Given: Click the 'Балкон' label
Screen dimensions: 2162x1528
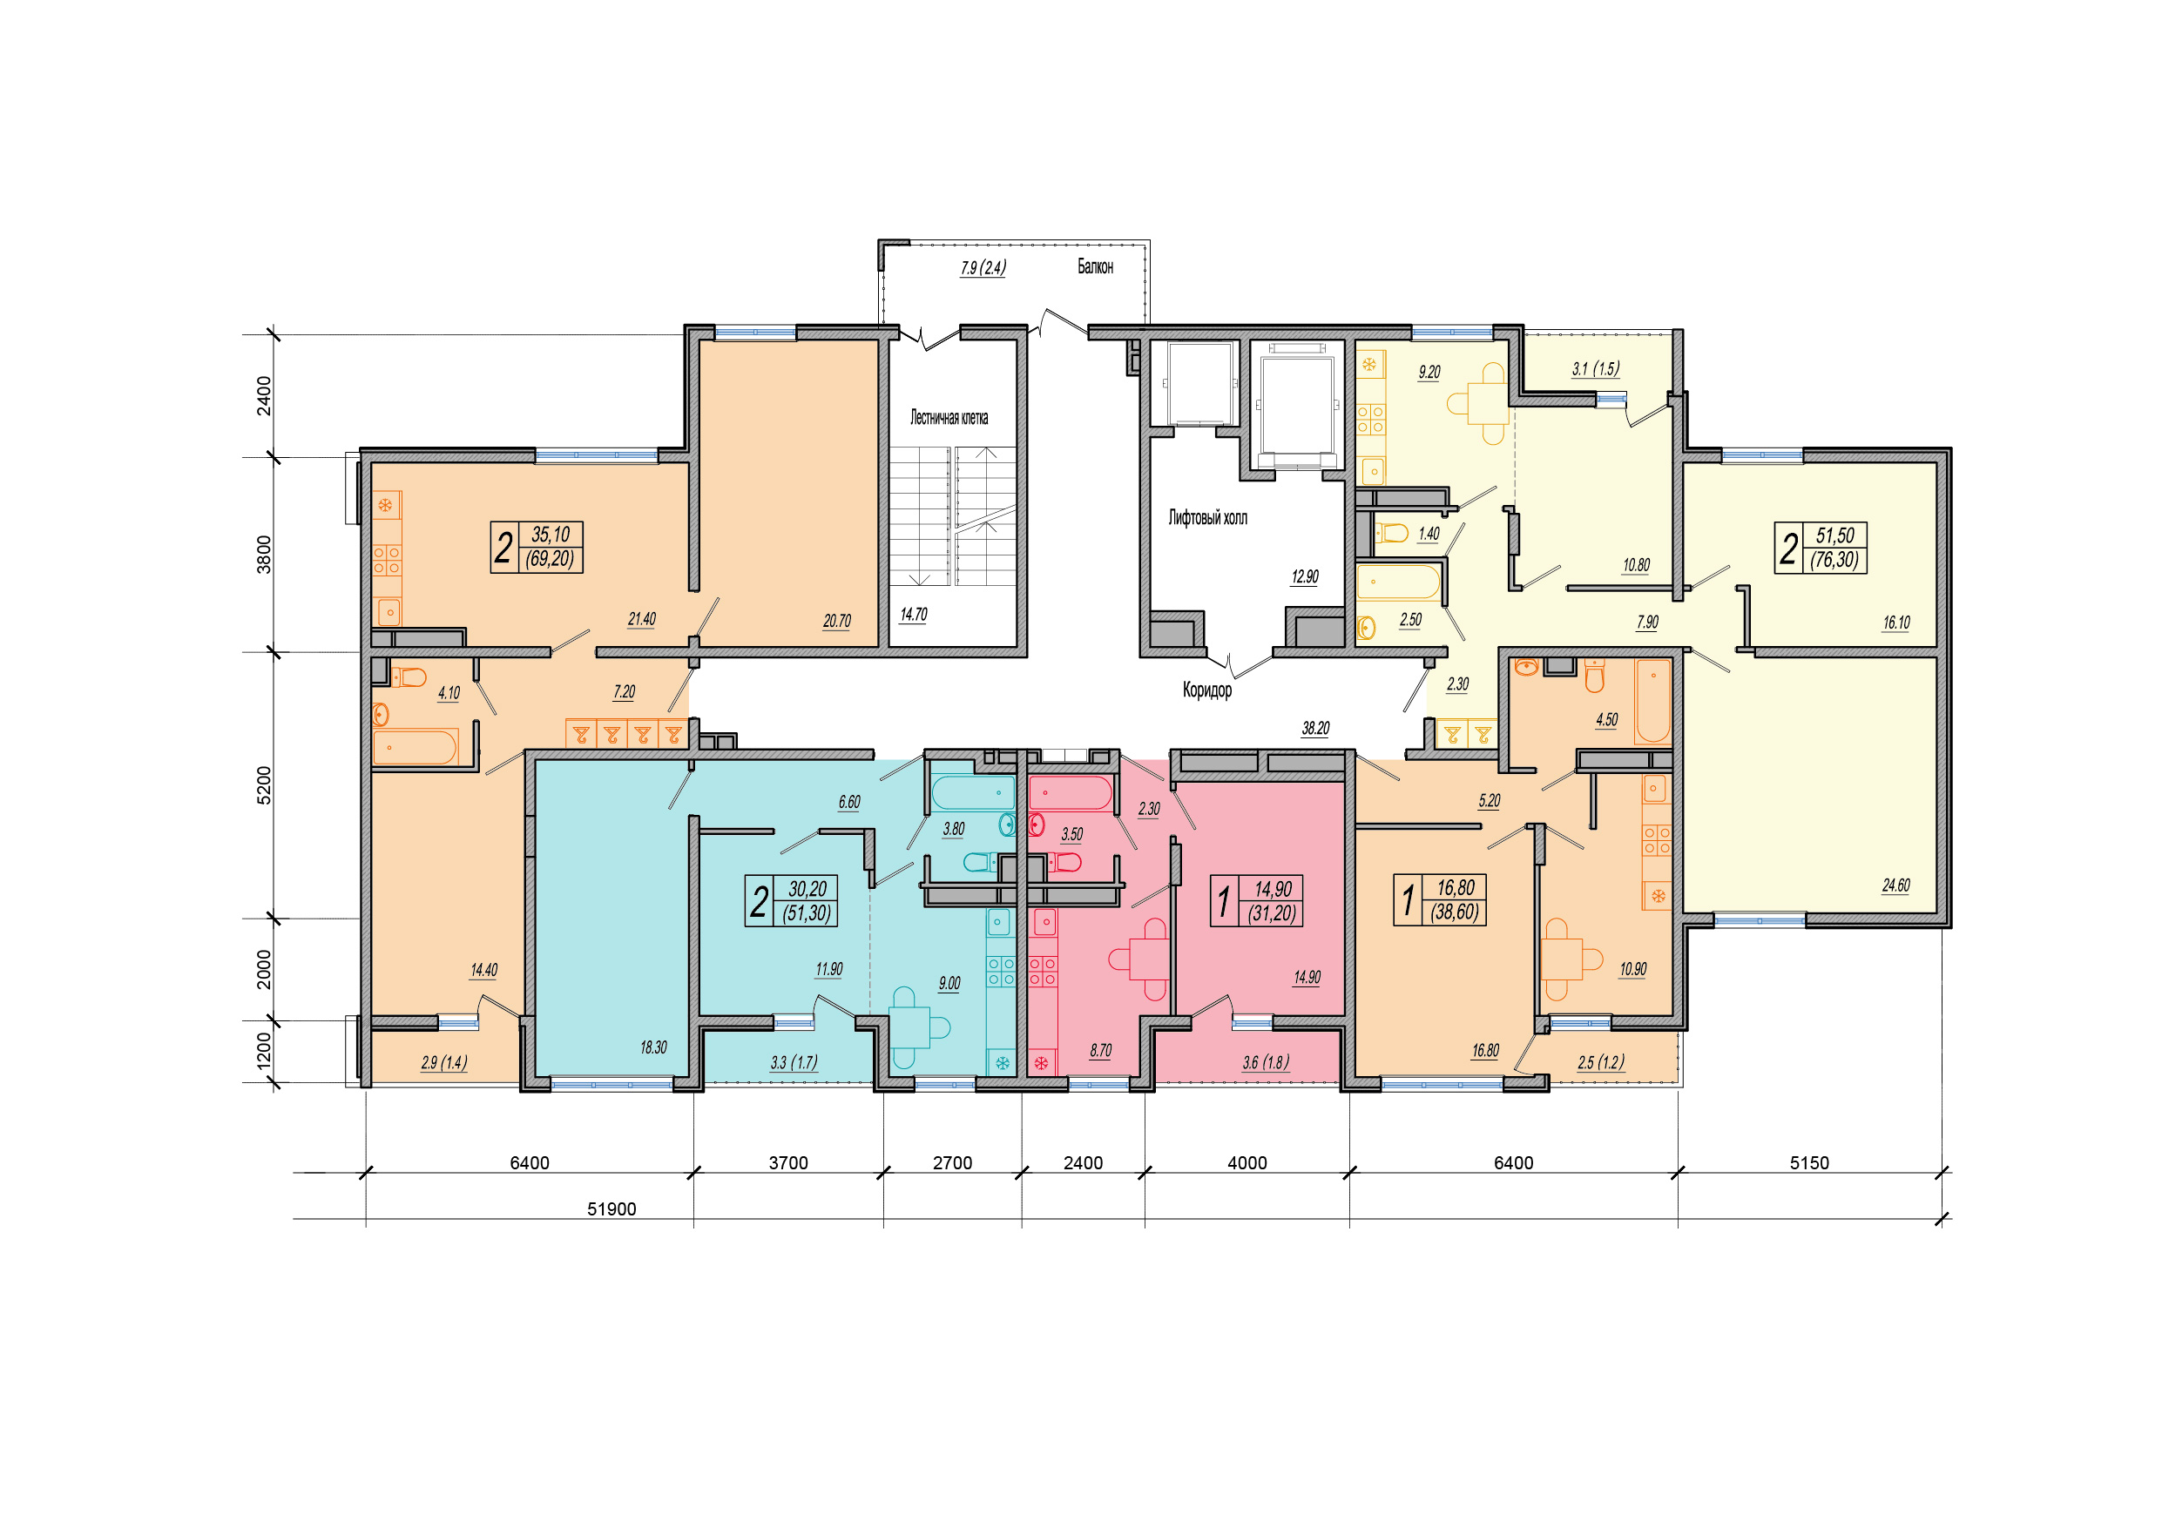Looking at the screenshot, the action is point(1095,267).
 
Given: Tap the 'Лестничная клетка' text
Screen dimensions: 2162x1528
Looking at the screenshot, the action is point(949,418).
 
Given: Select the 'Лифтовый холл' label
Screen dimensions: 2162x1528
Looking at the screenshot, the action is point(1207,518).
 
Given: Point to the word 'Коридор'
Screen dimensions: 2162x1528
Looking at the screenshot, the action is point(1207,690).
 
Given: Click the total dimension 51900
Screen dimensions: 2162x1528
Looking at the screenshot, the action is point(611,1208).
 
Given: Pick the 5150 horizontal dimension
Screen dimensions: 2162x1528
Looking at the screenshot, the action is point(1809,1162).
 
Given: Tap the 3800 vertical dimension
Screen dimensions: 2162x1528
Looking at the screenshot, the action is point(265,555).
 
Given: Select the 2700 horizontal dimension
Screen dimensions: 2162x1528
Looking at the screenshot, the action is point(952,1162).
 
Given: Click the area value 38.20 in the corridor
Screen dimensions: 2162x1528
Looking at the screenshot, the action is point(1315,729).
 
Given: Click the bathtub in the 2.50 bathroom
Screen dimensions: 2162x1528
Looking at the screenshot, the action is point(1398,582).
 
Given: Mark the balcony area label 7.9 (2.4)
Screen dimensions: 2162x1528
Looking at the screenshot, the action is point(983,268).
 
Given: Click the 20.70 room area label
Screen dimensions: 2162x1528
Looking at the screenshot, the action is point(836,622).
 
